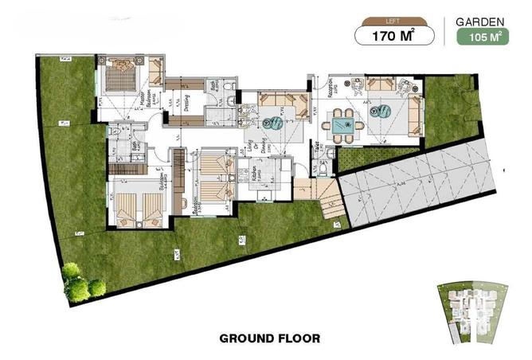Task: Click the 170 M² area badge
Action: coord(396,34)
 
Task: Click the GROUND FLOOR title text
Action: coord(269,338)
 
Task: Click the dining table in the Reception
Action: coord(343,123)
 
